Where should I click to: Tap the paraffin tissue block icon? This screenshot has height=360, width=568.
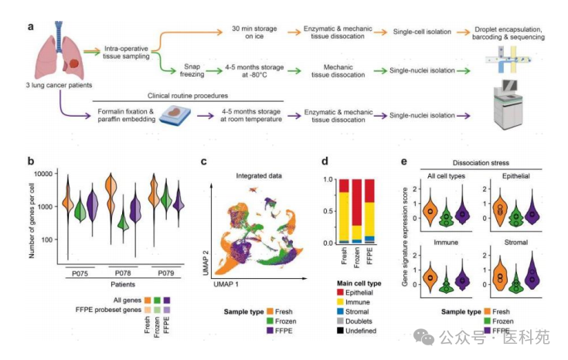(x=175, y=115)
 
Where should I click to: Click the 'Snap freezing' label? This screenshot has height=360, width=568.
(x=192, y=70)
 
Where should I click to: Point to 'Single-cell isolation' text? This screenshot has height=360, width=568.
(x=422, y=32)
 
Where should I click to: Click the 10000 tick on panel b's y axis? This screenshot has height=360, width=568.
(x=43, y=174)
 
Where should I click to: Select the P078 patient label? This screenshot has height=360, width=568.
(x=123, y=273)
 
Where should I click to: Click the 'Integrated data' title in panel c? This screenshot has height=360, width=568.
(x=259, y=176)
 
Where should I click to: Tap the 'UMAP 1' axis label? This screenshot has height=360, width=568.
(x=226, y=284)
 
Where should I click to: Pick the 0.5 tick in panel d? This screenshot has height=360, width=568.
(x=328, y=211)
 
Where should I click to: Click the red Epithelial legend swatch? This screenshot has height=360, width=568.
(x=340, y=292)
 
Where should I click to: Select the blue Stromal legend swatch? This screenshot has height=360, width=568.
(x=340, y=311)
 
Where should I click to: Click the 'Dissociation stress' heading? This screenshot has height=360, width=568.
(x=481, y=163)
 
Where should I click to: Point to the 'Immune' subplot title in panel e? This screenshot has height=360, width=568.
(x=446, y=243)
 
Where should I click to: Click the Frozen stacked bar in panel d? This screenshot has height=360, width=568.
(x=357, y=211)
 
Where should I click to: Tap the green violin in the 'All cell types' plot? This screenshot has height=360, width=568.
(x=447, y=216)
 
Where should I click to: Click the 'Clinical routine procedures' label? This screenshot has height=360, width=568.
(x=188, y=96)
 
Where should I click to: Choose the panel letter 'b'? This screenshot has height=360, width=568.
(x=31, y=161)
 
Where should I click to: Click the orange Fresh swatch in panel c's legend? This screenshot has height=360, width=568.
(x=270, y=311)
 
